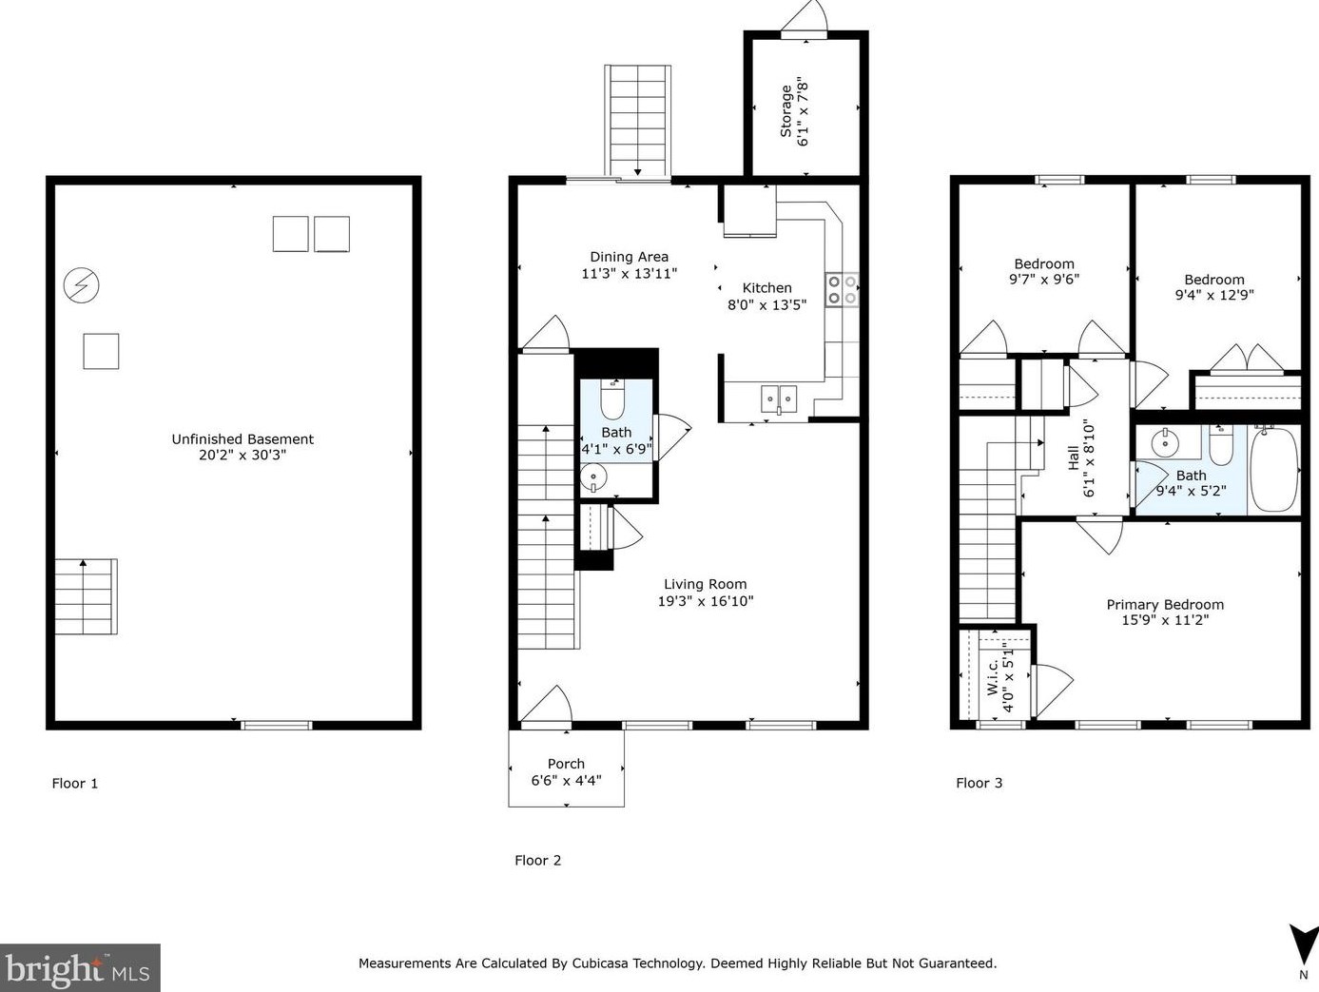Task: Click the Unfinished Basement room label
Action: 242,439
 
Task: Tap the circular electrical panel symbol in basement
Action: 81,285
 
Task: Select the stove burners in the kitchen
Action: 842,290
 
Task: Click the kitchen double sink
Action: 779,398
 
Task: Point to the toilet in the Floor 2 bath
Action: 611,401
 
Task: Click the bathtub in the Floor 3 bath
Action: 1273,470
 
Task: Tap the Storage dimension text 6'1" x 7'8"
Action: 803,111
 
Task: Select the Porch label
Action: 566,764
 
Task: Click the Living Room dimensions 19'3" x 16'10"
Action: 706,601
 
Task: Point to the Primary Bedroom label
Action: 1165,605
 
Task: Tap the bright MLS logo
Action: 80,968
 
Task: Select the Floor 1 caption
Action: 75,784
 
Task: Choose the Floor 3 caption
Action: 979,783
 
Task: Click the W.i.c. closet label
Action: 992,676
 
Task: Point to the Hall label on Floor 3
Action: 1074,457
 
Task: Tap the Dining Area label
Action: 629,257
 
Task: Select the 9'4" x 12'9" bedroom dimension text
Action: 1214,295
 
